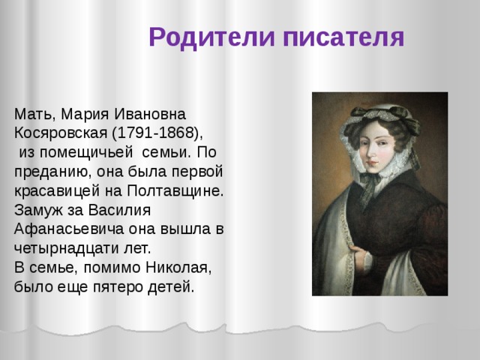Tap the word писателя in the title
(x=344, y=37)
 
